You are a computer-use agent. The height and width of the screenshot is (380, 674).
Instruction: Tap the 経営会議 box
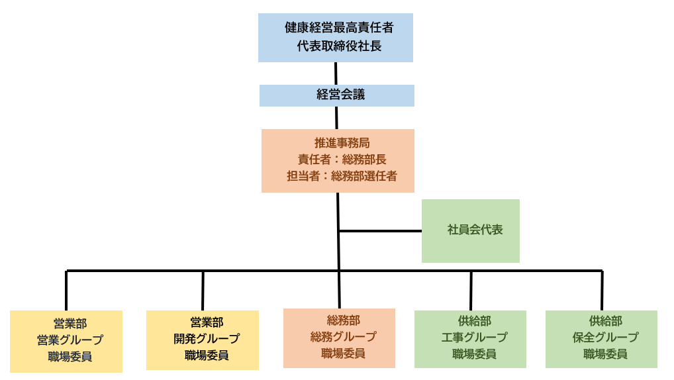coord(337,95)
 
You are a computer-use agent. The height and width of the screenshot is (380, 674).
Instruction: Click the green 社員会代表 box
coord(471,230)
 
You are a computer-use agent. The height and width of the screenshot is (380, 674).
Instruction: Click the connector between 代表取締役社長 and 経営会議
coord(336,73)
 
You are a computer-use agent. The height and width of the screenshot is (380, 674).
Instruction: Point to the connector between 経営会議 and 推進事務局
coord(336,117)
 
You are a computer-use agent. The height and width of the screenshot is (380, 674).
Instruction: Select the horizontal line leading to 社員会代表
coord(380,231)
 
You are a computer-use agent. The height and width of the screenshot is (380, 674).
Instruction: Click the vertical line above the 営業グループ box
coord(66,290)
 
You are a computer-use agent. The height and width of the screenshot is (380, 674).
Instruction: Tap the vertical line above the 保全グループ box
coord(602,290)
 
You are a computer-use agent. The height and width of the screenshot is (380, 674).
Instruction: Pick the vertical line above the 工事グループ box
coord(471,290)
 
